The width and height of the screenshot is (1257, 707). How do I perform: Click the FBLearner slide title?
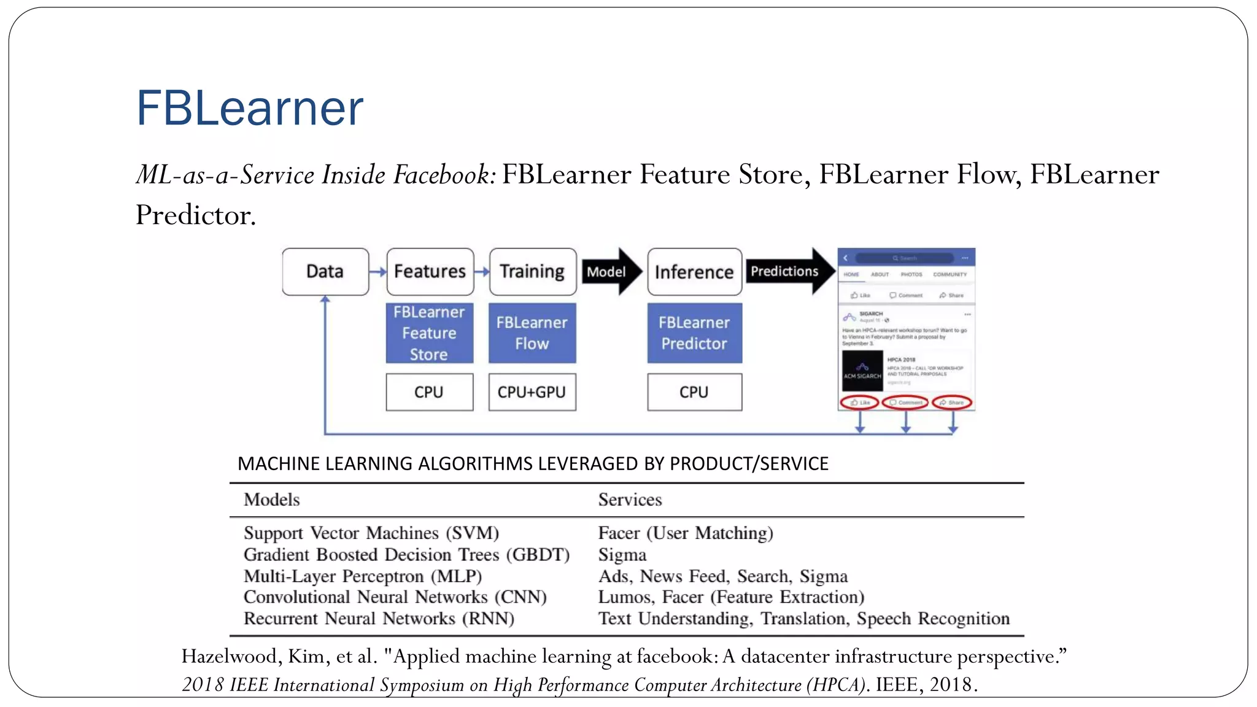coord(250,108)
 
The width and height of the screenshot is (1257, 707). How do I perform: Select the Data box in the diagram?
coord(325,271)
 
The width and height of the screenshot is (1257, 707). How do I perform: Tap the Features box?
coord(430,271)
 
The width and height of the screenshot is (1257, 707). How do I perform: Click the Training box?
coord(532,271)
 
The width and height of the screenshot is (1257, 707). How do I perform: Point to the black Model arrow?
coord(609,271)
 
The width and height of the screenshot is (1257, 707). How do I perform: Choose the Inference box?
coord(694,272)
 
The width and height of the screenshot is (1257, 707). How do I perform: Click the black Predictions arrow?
coord(788,271)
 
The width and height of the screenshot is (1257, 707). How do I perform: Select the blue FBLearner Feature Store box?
coord(429,333)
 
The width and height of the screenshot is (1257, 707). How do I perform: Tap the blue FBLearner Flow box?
coord(532,333)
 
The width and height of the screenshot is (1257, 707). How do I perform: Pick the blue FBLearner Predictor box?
coord(694,333)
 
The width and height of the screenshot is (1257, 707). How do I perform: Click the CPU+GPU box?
coord(532,392)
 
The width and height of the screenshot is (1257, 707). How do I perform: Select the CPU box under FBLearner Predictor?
coord(694,392)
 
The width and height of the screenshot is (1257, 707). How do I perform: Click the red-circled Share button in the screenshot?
coord(952,403)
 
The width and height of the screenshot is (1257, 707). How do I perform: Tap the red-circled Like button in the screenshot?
coord(859,403)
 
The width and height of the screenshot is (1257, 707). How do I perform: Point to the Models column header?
coord(272,500)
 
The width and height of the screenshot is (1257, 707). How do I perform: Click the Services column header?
coord(630,500)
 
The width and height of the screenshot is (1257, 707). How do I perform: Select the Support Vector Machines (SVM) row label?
coord(371,533)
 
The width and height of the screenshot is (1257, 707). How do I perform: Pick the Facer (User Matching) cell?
coord(686,533)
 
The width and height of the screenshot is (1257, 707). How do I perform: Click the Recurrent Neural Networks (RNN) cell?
coord(379,619)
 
